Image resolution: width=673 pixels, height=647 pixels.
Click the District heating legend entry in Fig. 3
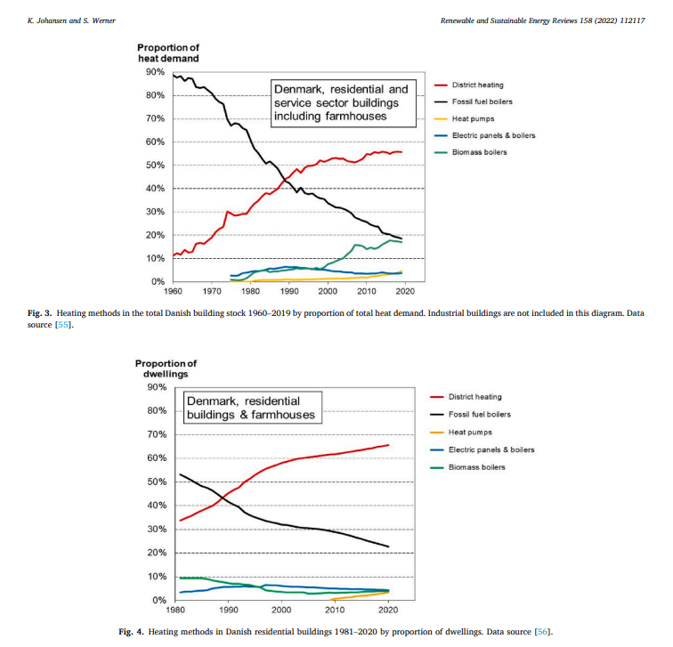pos(477,85)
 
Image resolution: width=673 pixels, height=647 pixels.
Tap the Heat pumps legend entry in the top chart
pos(472,119)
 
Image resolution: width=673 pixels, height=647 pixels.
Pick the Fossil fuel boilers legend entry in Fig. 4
pos(481,415)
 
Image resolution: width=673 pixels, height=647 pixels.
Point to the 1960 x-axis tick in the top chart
pos(173,291)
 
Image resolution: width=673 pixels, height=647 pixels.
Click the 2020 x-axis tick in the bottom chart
pos(388,610)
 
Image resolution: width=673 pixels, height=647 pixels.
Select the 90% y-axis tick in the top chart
pos(155,72)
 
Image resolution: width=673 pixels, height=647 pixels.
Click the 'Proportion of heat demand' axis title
pos(168,53)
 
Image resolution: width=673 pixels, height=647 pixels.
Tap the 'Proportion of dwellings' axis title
pos(166,368)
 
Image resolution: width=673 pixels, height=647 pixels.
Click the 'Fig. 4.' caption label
pos(133,632)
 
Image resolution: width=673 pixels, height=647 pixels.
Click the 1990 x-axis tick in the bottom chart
pos(229,610)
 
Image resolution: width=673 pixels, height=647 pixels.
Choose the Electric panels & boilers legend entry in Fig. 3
pos(493,136)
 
